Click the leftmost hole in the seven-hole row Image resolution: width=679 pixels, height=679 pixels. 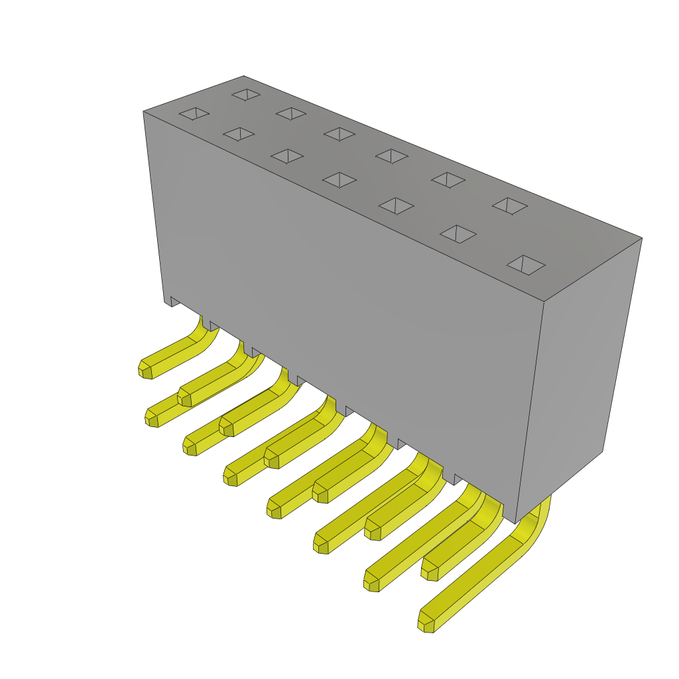point(194,114)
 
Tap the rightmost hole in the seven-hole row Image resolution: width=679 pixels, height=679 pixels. point(526,265)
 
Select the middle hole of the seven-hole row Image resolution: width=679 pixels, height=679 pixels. point(339,179)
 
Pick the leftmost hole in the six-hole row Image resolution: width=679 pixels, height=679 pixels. point(245,95)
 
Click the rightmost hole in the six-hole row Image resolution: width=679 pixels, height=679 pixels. point(510,206)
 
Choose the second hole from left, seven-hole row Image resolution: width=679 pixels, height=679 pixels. point(239,135)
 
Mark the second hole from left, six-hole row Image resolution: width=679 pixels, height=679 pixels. point(291,113)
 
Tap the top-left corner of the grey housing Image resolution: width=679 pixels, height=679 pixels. point(143,111)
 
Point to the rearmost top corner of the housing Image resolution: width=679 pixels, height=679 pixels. point(243,76)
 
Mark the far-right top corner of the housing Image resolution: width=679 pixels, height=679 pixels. point(642,237)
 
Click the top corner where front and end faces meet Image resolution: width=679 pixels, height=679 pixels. point(544,302)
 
